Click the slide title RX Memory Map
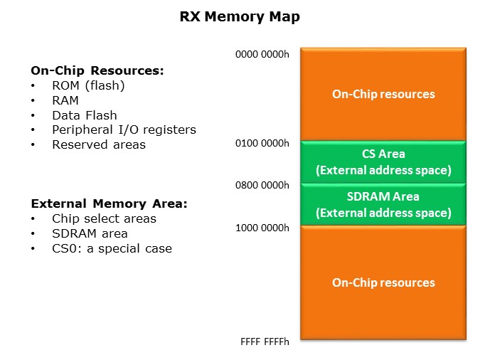pyautogui.click(x=240, y=17)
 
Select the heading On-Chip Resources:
pyautogui.click(x=97, y=70)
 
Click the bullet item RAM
pyautogui.click(x=65, y=100)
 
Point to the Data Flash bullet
pyautogui.click(x=85, y=115)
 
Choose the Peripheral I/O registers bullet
pyautogui.click(x=124, y=129)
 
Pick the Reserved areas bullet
pyautogui.click(x=99, y=144)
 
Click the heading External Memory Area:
pyautogui.click(x=109, y=203)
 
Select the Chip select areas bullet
pyautogui.click(x=104, y=218)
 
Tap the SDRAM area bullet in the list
pyautogui.click(x=90, y=233)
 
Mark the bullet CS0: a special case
pyautogui.click(x=112, y=248)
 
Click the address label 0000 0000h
pyautogui.click(x=262, y=54)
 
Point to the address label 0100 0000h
pyautogui.click(x=262, y=143)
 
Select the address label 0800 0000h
pyautogui.click(x=262, y=185)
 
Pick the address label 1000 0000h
pyautogui.click(x=262, y=228)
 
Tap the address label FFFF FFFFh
pyautogui.click(x=265, y=342)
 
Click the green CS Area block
pyautogui.click(x=383, y=162)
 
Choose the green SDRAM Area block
pyautogui.click(x=383, y=204)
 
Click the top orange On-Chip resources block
pyautogui.click(x=383, y=94)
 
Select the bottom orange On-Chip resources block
pyautogui.click(x=383, y=282)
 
